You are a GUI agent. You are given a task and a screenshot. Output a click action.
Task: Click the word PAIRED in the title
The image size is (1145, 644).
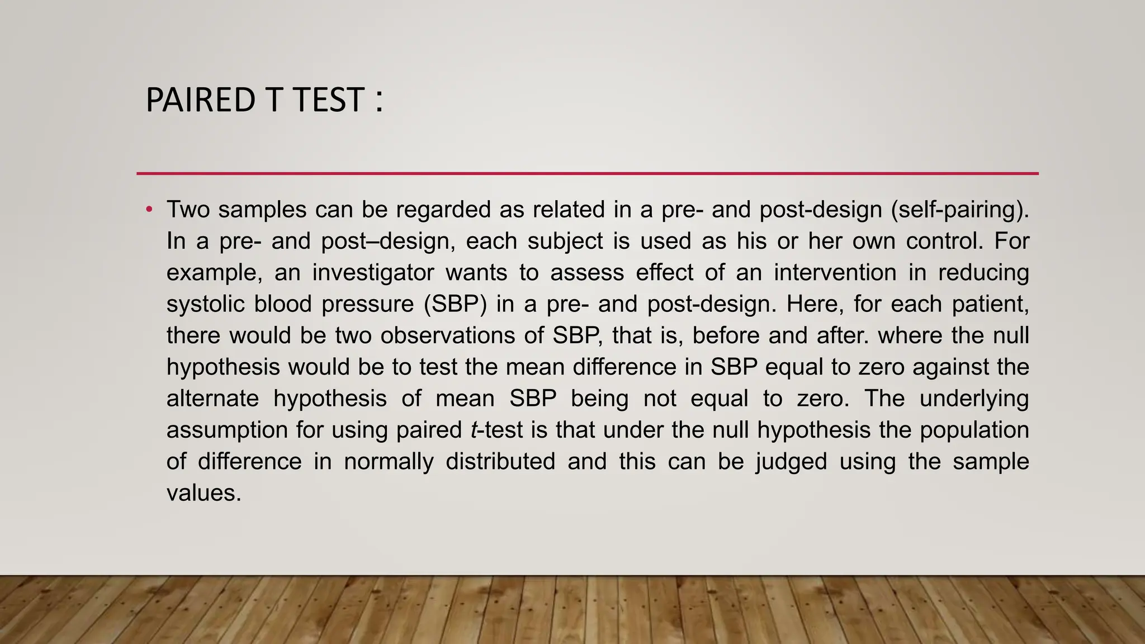[199, 101]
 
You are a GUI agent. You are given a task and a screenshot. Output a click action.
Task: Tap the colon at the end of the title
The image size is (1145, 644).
[380, 101]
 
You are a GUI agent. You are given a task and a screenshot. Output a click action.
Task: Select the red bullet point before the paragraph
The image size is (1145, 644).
[149, 210]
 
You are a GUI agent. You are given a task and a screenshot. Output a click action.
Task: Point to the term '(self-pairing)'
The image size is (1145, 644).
[959, 210]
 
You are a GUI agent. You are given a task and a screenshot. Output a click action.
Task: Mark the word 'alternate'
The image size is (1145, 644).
[212, 399]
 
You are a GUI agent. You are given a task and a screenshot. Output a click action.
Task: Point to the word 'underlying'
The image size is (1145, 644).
[974, 399]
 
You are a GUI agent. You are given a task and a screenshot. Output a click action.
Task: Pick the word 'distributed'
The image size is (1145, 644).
[500, 462]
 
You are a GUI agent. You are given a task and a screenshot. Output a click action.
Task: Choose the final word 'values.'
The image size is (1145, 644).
[204, 493]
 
